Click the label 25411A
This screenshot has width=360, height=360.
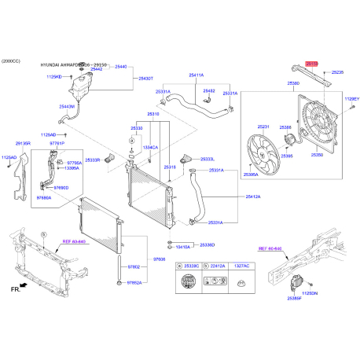[x=196, y=75]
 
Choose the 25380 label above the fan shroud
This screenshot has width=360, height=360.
[x=293, y=83]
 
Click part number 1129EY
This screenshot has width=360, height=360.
[x=351, y=99]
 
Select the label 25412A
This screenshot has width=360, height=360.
[x=253, y=197]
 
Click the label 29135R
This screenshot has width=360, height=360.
[x=23, y=144]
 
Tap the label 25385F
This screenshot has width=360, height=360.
[x=295, y=299]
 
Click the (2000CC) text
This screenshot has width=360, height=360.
[x=12, y=61]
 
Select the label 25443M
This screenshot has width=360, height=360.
[x=67, y=106]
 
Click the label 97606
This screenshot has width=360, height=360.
[x=160, y=259]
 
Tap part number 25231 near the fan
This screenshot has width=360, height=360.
[x=263, y=127]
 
